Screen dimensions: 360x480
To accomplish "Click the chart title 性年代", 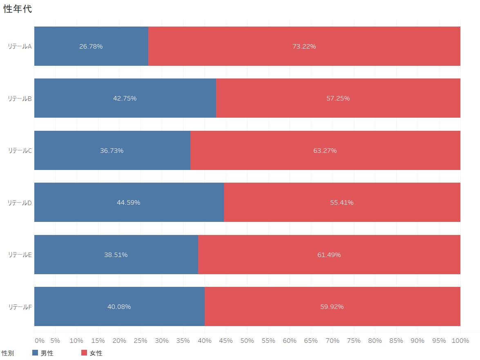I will coord(18,9).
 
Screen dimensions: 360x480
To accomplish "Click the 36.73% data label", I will coord(112,150).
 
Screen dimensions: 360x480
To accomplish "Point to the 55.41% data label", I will coord(342,203).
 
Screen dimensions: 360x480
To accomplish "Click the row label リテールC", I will coord(20,150).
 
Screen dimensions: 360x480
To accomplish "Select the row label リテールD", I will coord(20,203).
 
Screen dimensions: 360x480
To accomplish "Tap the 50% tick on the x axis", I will coord(247,341).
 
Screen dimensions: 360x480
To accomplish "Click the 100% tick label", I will coord(460,341).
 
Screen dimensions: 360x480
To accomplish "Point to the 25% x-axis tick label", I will coord(141,341).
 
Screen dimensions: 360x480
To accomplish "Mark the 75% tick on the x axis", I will coord(354,341).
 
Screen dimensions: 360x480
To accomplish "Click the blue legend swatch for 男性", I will coord(35,353).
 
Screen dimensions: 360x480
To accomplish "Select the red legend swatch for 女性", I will coord(84,353).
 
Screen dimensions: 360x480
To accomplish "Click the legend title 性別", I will coord(8,353).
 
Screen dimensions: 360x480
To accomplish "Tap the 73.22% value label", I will coord(304,47).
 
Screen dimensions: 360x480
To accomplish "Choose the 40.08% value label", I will coord(119,306).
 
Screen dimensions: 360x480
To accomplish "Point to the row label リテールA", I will coord(20,47).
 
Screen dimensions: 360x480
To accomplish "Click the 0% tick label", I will coord(40,341).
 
